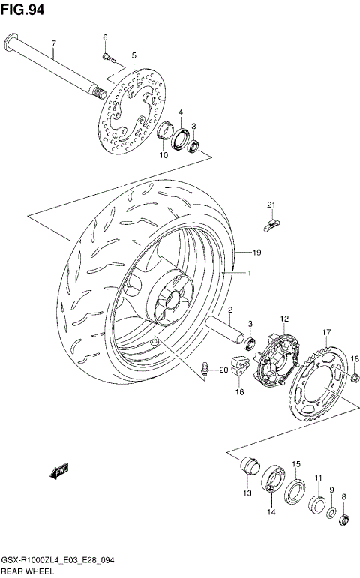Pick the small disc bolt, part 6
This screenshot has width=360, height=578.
[107, 55]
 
